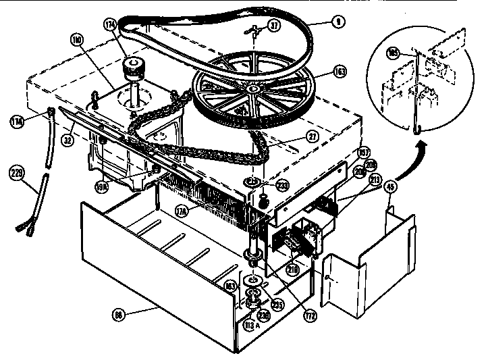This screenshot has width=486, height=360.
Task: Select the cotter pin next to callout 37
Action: [254, 29]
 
